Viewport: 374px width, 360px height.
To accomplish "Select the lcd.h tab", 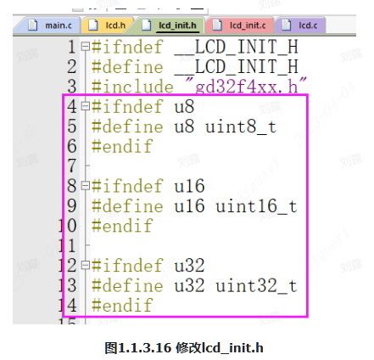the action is pyautogui.click(x=108, y=25).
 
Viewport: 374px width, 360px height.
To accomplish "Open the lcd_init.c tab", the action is pyautogui.click(x=239, y=25).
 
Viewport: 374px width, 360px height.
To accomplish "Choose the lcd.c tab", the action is pyautogui.click(x=300, y=25).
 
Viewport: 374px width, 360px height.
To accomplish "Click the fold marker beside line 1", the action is pyautogui.click(x=85, y=47).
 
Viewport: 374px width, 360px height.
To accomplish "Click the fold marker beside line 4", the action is pyautogui.click(x=85, y=106).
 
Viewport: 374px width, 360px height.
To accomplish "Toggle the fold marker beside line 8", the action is pyautogui.click(x=85, y=186).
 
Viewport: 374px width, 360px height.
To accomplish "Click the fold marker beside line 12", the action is pyautogui.click(x=85, y=265).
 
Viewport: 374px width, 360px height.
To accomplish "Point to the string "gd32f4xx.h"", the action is pyautogui.click(x=246, y=86).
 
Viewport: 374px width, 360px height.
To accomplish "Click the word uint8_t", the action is pyautogui.click(x=241, y=127).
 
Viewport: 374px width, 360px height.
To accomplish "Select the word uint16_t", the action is pyautogui.click(x=256, y=206).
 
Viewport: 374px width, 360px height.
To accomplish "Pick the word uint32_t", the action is pyautogui.click(x=256, y=285).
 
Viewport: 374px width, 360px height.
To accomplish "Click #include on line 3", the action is pyautogui.click(x=132, y=86).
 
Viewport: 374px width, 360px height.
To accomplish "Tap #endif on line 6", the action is pyautogui.click(x=122, y=146).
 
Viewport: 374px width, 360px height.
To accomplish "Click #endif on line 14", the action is pyautogui.click(x=122, y=305).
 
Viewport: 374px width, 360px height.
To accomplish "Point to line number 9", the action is pyautogui.click(x=71, y=205).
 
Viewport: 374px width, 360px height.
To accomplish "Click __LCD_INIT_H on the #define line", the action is pyautogui.click(x=237, y=67).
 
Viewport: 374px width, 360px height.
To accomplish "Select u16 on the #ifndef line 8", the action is pyautogui.click(x=189, y=186).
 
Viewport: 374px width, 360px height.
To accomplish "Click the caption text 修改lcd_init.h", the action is pyautogui.click(x=220, y=348).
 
